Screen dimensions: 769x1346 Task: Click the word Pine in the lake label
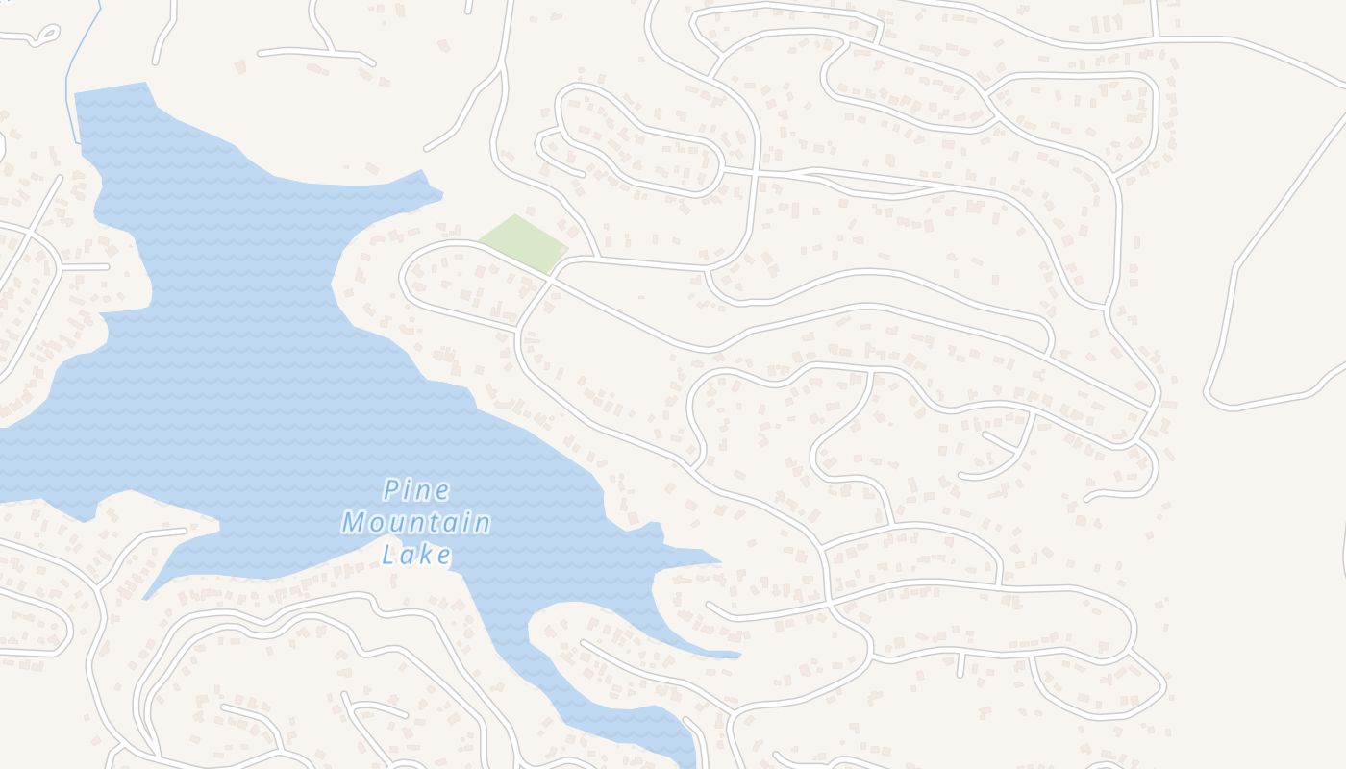(x=416, y=491)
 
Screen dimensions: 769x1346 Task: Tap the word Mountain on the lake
(x=416, y=524)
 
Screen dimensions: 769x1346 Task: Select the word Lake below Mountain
(x=417, y=555)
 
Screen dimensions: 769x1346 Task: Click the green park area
(x=522, y=242)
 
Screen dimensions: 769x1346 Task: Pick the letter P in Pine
(x=391, y=491)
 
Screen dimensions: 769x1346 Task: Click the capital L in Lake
(x=389, y=555)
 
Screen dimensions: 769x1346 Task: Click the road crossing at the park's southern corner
(x=551, y=277)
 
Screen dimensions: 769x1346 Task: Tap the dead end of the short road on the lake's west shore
(x=108, y=266)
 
